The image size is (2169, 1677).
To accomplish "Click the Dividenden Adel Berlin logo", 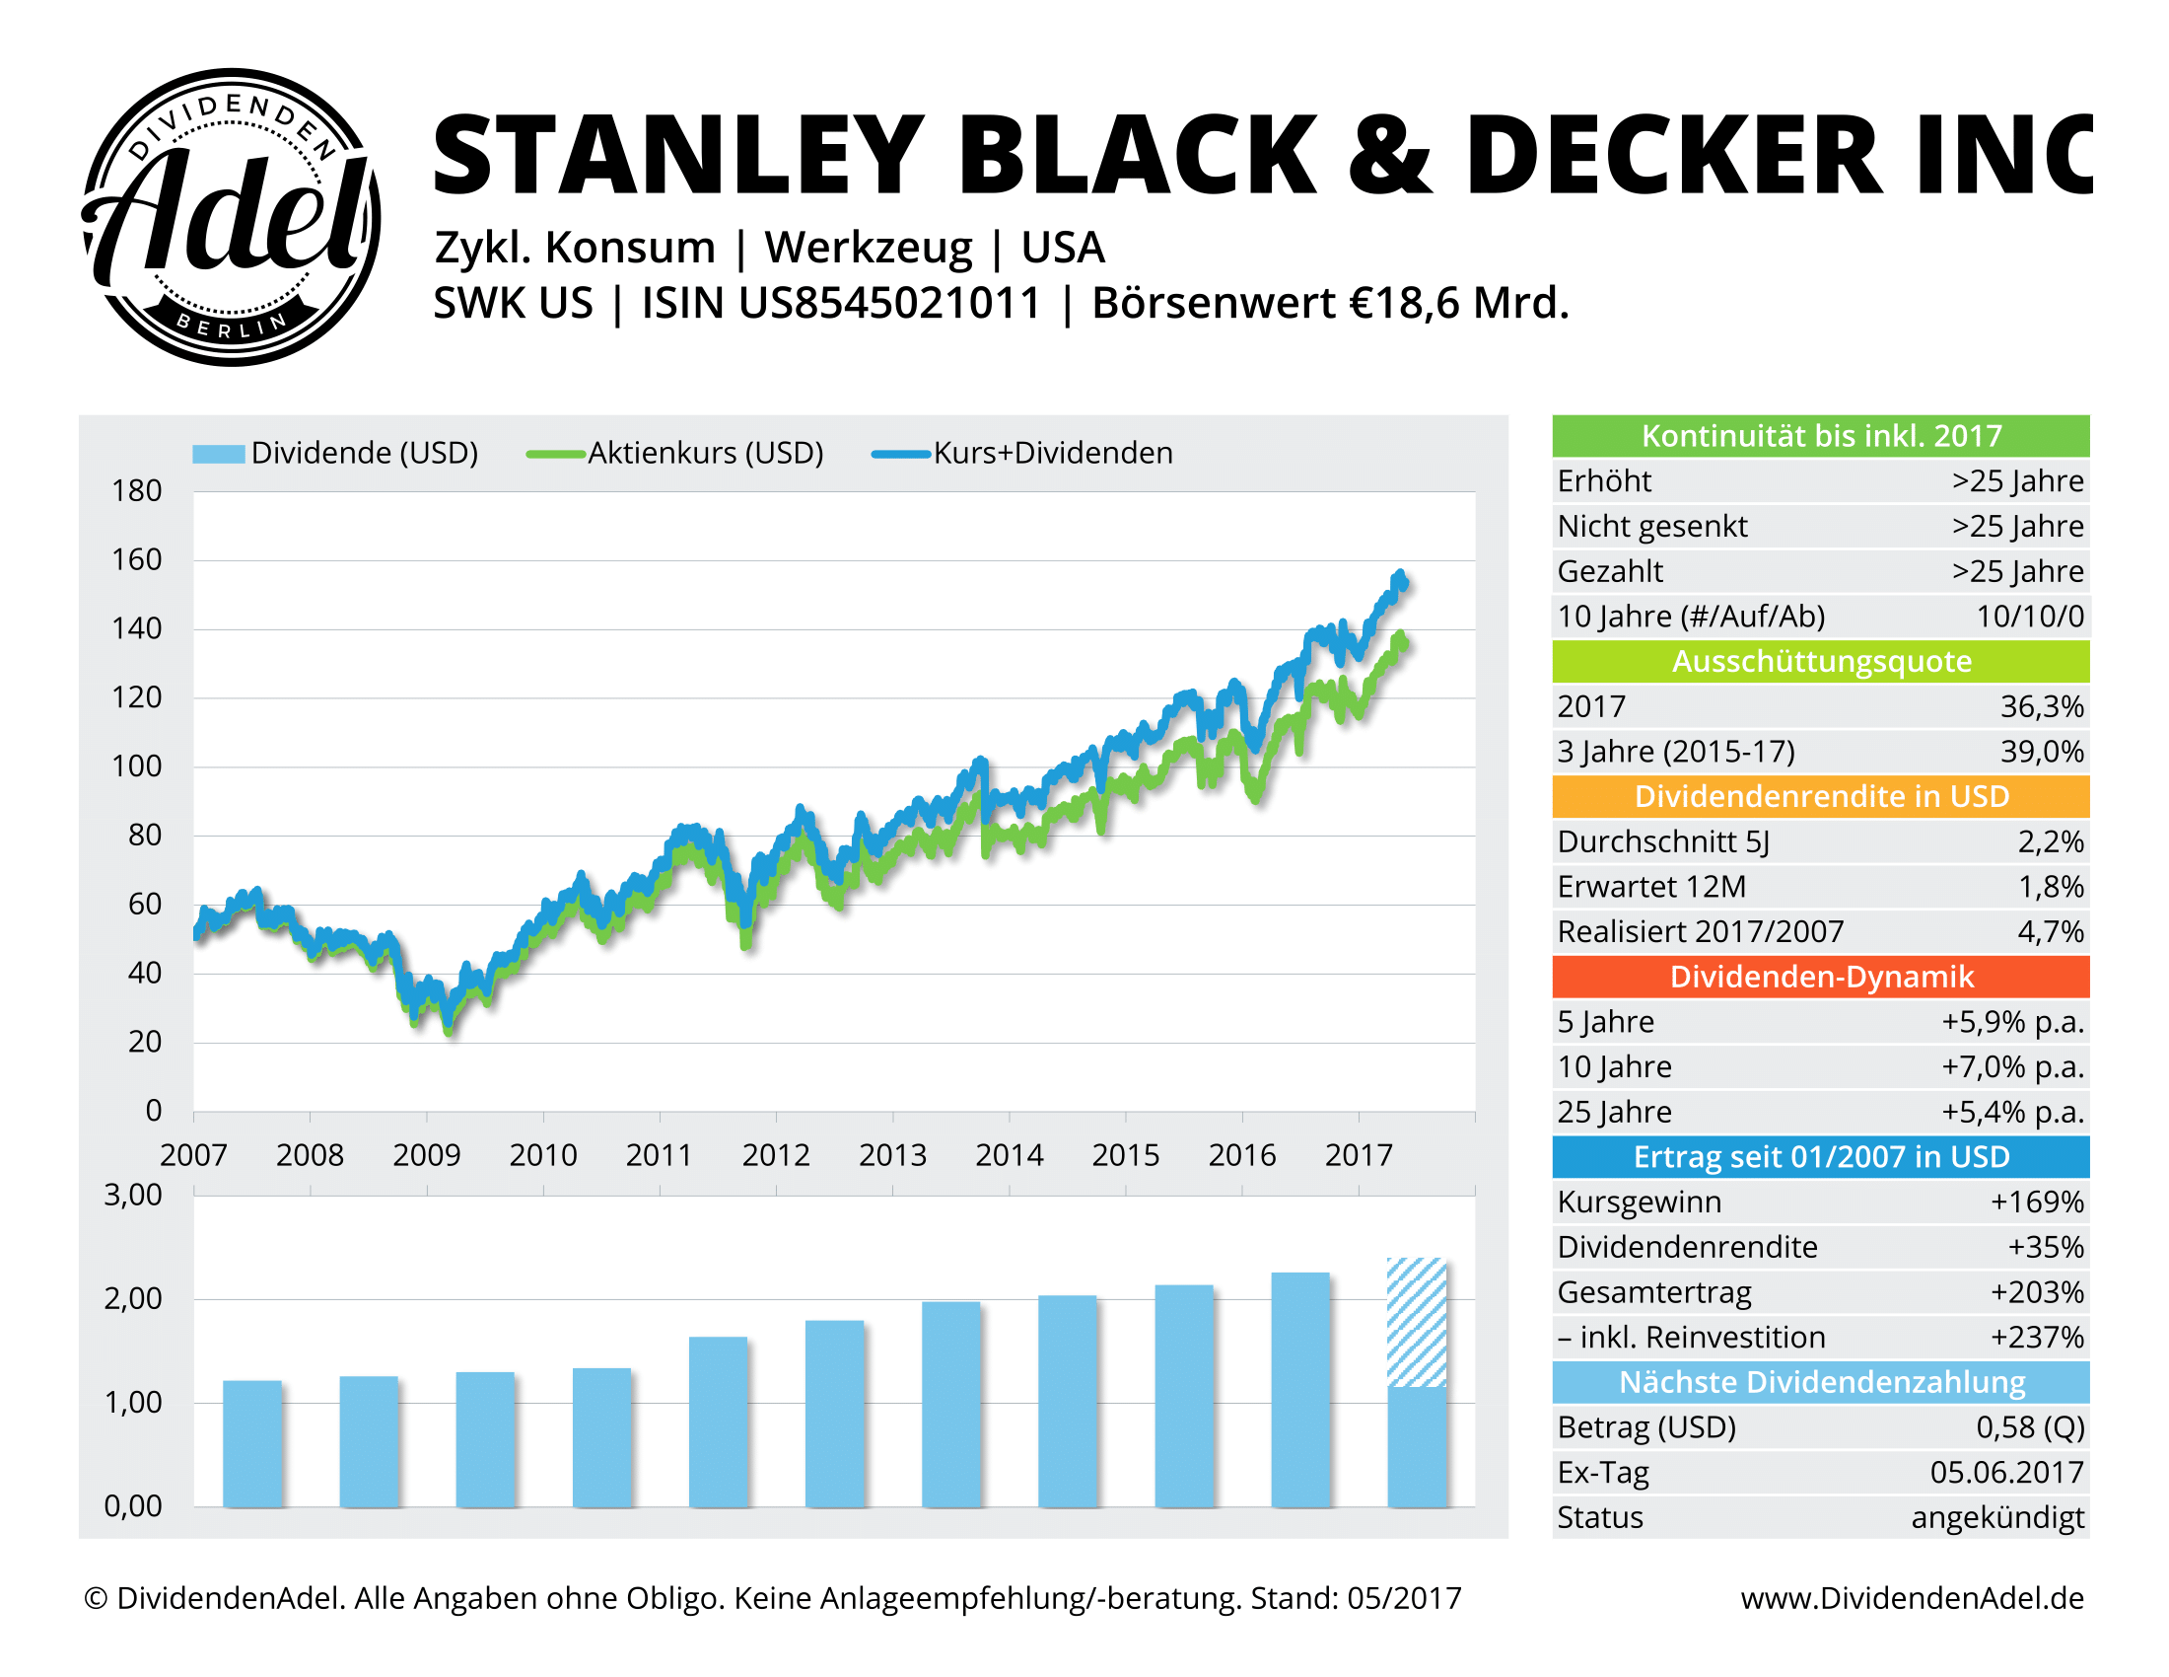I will point(231,217).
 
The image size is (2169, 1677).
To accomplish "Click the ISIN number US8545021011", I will point(890,303).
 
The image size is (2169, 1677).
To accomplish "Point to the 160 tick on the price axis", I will point(136,559).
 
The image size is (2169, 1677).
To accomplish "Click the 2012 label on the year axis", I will point(776,1154).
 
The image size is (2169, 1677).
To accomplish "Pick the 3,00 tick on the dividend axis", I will point(133,1195).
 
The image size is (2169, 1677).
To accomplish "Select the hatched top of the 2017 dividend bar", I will point(1416,1321).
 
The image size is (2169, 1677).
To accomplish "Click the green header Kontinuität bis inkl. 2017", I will point(1820,436).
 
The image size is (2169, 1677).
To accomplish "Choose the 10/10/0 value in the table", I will point(2029,616).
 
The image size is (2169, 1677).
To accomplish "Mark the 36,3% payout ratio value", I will point(2041,706).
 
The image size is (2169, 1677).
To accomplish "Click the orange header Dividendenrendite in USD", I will point(1820,797).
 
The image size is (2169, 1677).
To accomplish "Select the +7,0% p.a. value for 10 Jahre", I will point(2012,1067).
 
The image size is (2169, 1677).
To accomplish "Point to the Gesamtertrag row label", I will point(1653,1292).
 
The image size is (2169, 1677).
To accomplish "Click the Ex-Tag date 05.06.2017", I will point(2006,1473).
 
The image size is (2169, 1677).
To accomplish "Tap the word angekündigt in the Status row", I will point(1996,1518).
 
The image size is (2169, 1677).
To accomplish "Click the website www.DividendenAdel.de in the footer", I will point(1912,1598).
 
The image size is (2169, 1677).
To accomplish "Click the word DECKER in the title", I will point(1672,155).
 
